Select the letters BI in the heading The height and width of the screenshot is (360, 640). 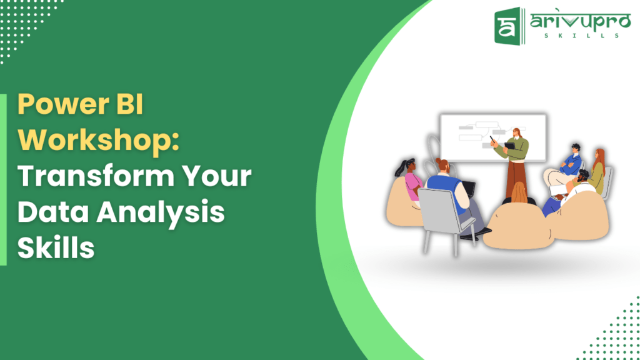(127, 105)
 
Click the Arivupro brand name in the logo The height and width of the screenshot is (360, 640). (574, 22)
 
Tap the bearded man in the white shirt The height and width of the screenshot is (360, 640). (578, 187)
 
